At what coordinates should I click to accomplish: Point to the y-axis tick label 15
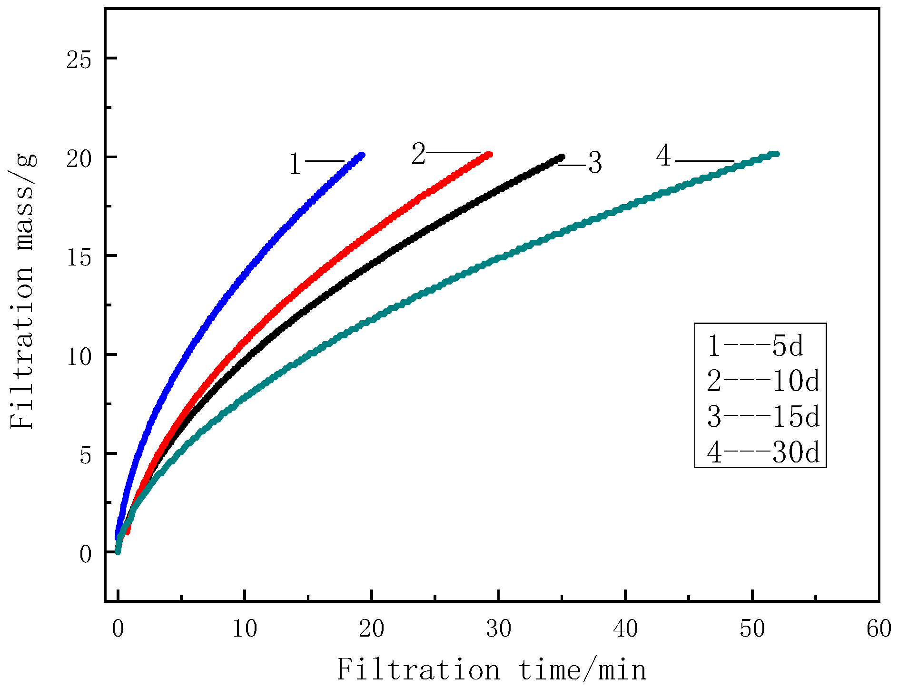pos(79,256)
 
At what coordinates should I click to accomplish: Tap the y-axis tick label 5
pos(85,454)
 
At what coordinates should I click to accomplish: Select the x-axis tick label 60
pos(878,629)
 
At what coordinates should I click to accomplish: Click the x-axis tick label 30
pos(498,629)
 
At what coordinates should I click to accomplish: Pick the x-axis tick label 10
pos(245,629)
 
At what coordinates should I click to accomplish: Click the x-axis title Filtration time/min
pos(492,670)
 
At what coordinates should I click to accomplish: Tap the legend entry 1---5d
pos(755,346)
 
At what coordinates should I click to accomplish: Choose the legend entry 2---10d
pos(763,381)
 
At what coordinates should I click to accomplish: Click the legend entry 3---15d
pos(763,416)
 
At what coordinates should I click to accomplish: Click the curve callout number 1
pos(295,165)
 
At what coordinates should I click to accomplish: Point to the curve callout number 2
pos(418,155)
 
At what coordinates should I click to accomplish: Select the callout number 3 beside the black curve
pos(595,163)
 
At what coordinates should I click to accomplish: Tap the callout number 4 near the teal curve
pos(663,156)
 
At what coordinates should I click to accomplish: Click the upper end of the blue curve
pos(362,155)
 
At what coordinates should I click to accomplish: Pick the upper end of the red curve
pos(490,154)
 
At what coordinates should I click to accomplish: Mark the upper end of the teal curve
pos(776,154)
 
